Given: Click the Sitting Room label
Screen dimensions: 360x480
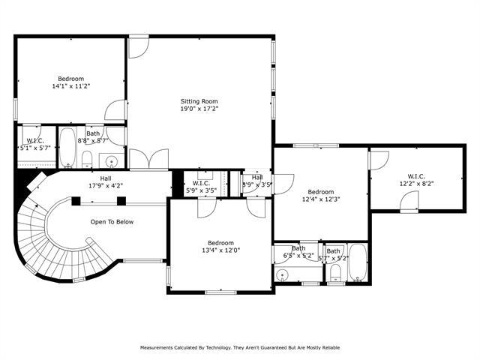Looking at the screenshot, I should coord(199,100).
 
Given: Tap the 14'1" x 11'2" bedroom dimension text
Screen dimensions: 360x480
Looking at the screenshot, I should coord(71,86).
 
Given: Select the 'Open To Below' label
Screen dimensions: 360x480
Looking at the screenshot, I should coord(112,222).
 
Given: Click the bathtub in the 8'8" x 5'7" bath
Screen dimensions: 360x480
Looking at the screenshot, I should coord(67,148).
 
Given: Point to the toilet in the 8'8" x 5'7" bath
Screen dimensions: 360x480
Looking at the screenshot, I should coord(87,158).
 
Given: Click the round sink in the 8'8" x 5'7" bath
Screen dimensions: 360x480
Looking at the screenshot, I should coord(112,160).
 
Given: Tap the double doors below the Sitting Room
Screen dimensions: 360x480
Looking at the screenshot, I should coord(148,159).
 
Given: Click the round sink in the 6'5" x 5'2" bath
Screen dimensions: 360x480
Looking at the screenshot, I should coord(283,275).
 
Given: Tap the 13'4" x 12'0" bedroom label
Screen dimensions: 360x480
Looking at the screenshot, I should coord(220,247).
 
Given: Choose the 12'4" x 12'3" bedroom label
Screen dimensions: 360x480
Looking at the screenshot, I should coord(320,196).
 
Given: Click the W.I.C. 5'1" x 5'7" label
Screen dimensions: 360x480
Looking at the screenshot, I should coord(35,144).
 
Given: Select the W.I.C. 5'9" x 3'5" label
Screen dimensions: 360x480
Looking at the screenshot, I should coord(201,186).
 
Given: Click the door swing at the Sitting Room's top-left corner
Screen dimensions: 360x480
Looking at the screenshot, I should coord(137,47).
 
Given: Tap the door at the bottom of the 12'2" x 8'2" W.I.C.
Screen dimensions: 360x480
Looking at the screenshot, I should coord(409,201).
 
